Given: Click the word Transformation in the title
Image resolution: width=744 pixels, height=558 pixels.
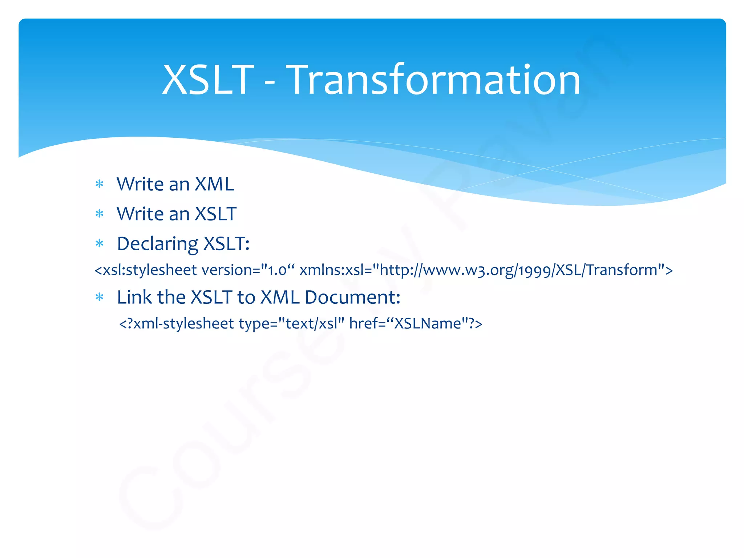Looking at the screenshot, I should coord(434,80).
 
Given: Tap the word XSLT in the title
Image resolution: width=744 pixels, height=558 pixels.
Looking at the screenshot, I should coord(208,80).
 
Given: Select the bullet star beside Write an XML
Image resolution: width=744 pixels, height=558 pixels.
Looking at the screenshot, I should coord(99,184).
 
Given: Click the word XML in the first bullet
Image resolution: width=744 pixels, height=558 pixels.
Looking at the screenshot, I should coord(214,184).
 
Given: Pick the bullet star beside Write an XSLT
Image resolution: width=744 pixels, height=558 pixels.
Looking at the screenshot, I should coord(99,214).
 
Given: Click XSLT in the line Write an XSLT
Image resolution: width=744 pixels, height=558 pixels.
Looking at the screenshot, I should coord(216,214).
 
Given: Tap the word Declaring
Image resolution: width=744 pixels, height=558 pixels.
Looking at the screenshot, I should coord(158,244).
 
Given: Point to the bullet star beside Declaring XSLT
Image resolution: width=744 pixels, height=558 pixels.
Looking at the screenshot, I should coord(99,243).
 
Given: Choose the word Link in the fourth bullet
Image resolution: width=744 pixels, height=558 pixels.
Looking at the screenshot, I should coord(134,297).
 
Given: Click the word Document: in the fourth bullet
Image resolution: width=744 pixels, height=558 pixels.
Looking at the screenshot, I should coord(352,297).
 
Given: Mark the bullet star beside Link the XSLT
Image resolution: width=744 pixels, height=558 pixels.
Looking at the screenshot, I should coord(99,298).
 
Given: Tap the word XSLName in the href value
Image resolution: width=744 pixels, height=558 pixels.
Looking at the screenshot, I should coord(427,323).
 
